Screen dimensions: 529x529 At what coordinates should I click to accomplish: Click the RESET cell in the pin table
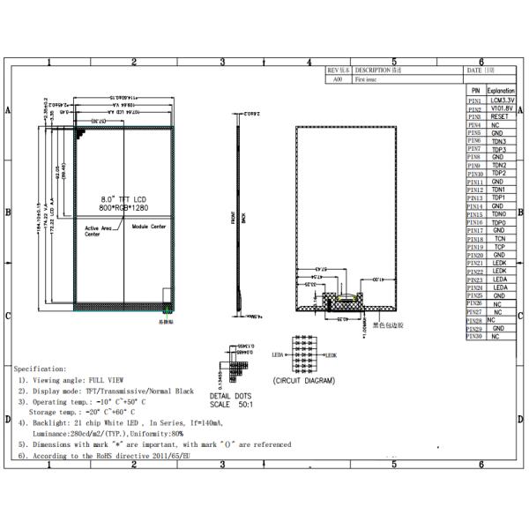(499, 116)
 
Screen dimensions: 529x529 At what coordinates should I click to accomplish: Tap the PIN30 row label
(474, 337)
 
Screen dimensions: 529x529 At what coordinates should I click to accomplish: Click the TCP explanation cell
(499, 247)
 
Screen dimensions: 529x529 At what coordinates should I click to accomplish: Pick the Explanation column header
(500, 91)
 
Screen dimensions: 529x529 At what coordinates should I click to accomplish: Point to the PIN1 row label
(474, 101)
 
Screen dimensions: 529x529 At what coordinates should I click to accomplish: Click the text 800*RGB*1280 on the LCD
(120, 209)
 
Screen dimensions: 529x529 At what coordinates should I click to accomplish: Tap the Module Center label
(149, 227)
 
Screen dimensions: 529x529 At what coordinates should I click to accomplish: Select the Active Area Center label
(98, 231)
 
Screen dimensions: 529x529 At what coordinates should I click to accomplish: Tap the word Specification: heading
(40, 369)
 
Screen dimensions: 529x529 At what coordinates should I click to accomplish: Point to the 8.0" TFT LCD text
(120, 200)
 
